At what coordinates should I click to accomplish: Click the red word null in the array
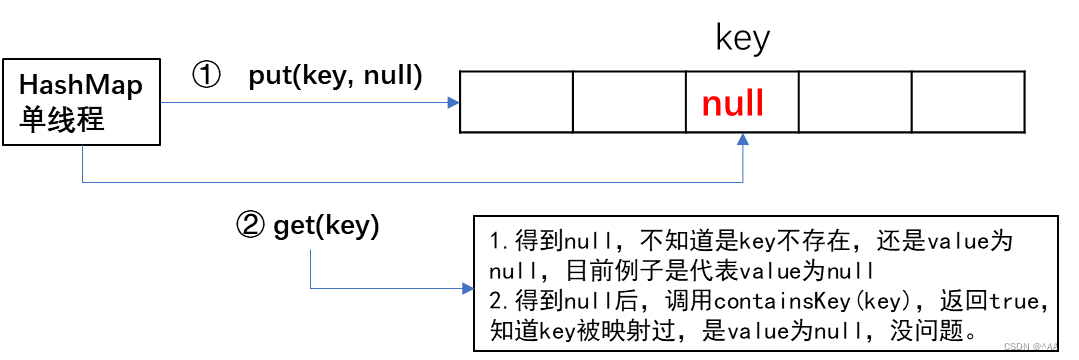tap(733, 103)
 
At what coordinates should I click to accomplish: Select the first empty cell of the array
tap(517, 102)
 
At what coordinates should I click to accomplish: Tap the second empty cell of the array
tap(629, 102)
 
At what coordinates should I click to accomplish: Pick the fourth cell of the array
tap(855, 102)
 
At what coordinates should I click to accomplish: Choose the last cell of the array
tap(967, 102)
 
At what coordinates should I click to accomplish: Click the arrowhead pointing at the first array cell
tap(453, 102)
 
